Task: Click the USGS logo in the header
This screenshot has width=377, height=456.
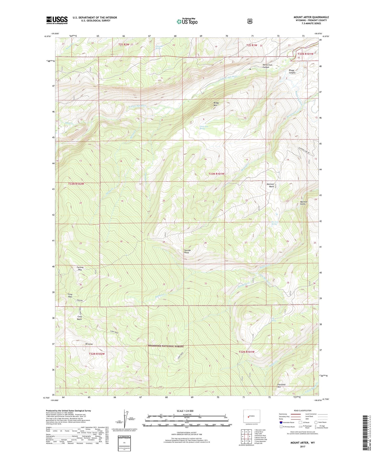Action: [x=57, y=20]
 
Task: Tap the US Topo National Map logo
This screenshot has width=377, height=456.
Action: [x=187, y=21]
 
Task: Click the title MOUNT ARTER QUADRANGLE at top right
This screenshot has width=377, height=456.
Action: [x=311, y=17]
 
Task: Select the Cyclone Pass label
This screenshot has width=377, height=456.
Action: [x=80, y=268]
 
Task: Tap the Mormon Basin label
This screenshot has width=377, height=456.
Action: [x=270, y=185]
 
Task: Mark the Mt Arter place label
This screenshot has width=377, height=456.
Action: [x=89, y=344]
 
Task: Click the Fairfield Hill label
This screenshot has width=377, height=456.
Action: [x=281, y=386]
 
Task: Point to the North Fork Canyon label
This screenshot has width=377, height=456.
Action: [x=266, y=66]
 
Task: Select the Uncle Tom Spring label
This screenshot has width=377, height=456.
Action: [x=204, y=127]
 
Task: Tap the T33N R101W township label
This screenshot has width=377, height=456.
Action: [x=216, y=174]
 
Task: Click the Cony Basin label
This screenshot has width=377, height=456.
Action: [x=80, y=318]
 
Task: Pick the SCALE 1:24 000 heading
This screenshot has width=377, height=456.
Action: [x=185, y=411]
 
